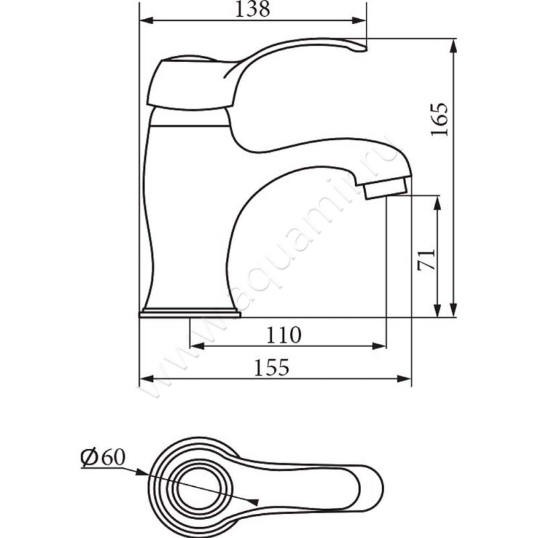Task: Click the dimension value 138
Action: coord(253,9)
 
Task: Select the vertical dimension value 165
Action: coord(440,119)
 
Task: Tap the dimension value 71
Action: coord(426,260)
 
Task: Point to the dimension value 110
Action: coord(284,334)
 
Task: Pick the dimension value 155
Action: coord(272,367)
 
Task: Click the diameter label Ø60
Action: coord(103,458)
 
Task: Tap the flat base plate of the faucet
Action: coord(190,313)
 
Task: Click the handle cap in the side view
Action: coord(192,84)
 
